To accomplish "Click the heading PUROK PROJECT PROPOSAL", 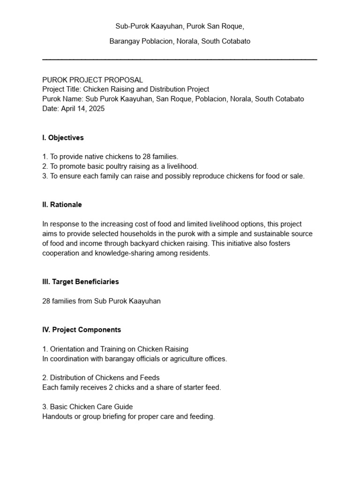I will [92, 80].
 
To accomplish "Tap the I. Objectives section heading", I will [63, 138].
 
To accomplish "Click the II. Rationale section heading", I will [62, 205].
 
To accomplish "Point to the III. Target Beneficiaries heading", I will [80, 282].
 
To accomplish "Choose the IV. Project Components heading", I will [82, 330].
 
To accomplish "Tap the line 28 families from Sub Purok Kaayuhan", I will [101, 301].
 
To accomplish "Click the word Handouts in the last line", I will [56, 416].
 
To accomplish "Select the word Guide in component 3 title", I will [123, 406].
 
